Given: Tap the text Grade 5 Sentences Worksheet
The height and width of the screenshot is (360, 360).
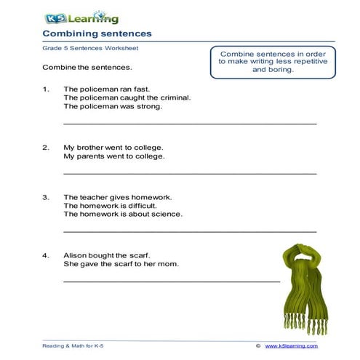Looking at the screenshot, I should (89, 48).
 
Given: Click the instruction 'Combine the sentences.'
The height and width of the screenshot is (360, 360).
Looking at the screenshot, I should (87, 68).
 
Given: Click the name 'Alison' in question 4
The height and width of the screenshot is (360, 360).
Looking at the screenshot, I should (76, 255).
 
